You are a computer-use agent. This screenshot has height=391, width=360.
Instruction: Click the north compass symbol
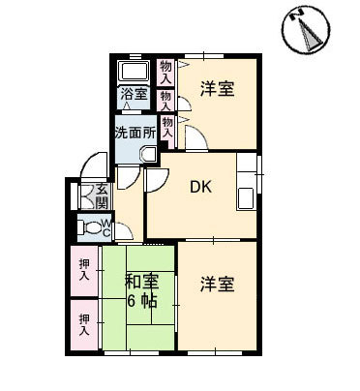pyautogui.click(x=306, y=29)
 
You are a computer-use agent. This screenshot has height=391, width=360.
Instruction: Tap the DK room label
pyautogui.click(x=200, y=187)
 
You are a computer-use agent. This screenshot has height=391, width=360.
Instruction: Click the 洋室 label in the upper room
pyautogui.click(x=217, y=88)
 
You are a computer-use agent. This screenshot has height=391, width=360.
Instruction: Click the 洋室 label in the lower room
pyautogui.click(x=217, y=284)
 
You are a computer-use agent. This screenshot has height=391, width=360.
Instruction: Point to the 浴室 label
pyautogui.click(x=135, y=94)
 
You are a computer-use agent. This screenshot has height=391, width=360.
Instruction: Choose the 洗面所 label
pyautogui.click(x=135, y=134)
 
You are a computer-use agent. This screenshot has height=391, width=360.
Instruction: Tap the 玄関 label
pyautogui.click(x=102, y=196)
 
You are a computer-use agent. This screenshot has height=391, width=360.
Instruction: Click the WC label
pyautogui.click(x=106, y=227)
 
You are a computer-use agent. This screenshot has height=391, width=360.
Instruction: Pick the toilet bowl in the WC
pyautogui.click(x=89, y=227)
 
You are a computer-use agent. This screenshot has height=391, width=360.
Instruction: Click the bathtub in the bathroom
pyautogui.click(x=135, y=71)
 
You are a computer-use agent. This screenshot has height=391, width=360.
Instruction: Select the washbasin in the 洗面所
pyautogui.click(x=148, y=155)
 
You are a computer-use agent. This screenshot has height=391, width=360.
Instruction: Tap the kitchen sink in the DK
pyautogui.click(x=246, y=197)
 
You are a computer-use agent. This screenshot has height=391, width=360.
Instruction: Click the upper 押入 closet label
pyautogui.click(x=84, y=270)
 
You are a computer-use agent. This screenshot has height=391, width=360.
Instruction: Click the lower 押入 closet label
pyautogui.click(x=84, y=324)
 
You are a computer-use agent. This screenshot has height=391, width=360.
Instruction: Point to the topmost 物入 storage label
pyautogui.click(x=165, y=73)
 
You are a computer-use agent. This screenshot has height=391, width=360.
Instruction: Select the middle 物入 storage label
pyautogui.click(x=165, y=101)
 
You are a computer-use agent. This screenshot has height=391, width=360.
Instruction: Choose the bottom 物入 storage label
pyautogui.click(x=167, y=128)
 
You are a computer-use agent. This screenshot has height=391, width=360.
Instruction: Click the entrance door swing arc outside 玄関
pyautogui.click(x=94, y=165)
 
